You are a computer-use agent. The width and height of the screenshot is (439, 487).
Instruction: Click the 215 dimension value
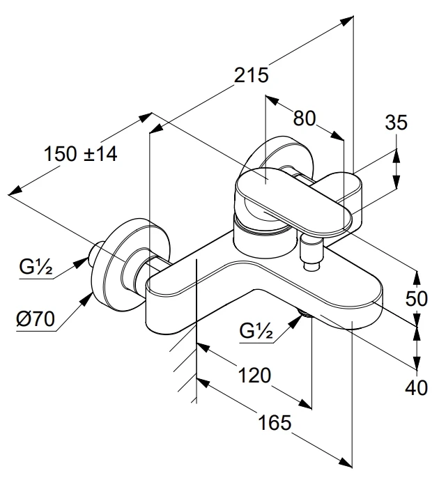pos(251,75)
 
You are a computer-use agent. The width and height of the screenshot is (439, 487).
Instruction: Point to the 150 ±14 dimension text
pos(80,154)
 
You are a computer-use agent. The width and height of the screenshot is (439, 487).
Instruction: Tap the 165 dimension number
pos(270,423)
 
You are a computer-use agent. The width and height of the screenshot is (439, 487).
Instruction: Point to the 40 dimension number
pos(416,388)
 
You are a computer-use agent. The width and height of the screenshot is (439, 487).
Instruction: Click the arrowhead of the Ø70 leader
pos(89,298)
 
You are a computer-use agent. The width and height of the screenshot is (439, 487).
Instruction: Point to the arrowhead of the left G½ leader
pos(91,260)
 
